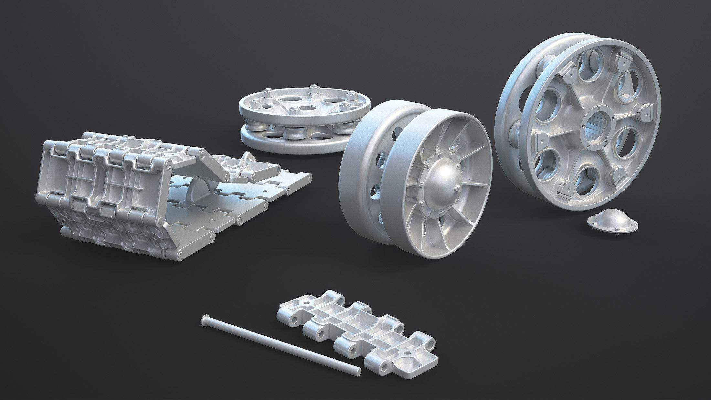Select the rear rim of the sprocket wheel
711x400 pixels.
pyautogui.click(x=511, y=107)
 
